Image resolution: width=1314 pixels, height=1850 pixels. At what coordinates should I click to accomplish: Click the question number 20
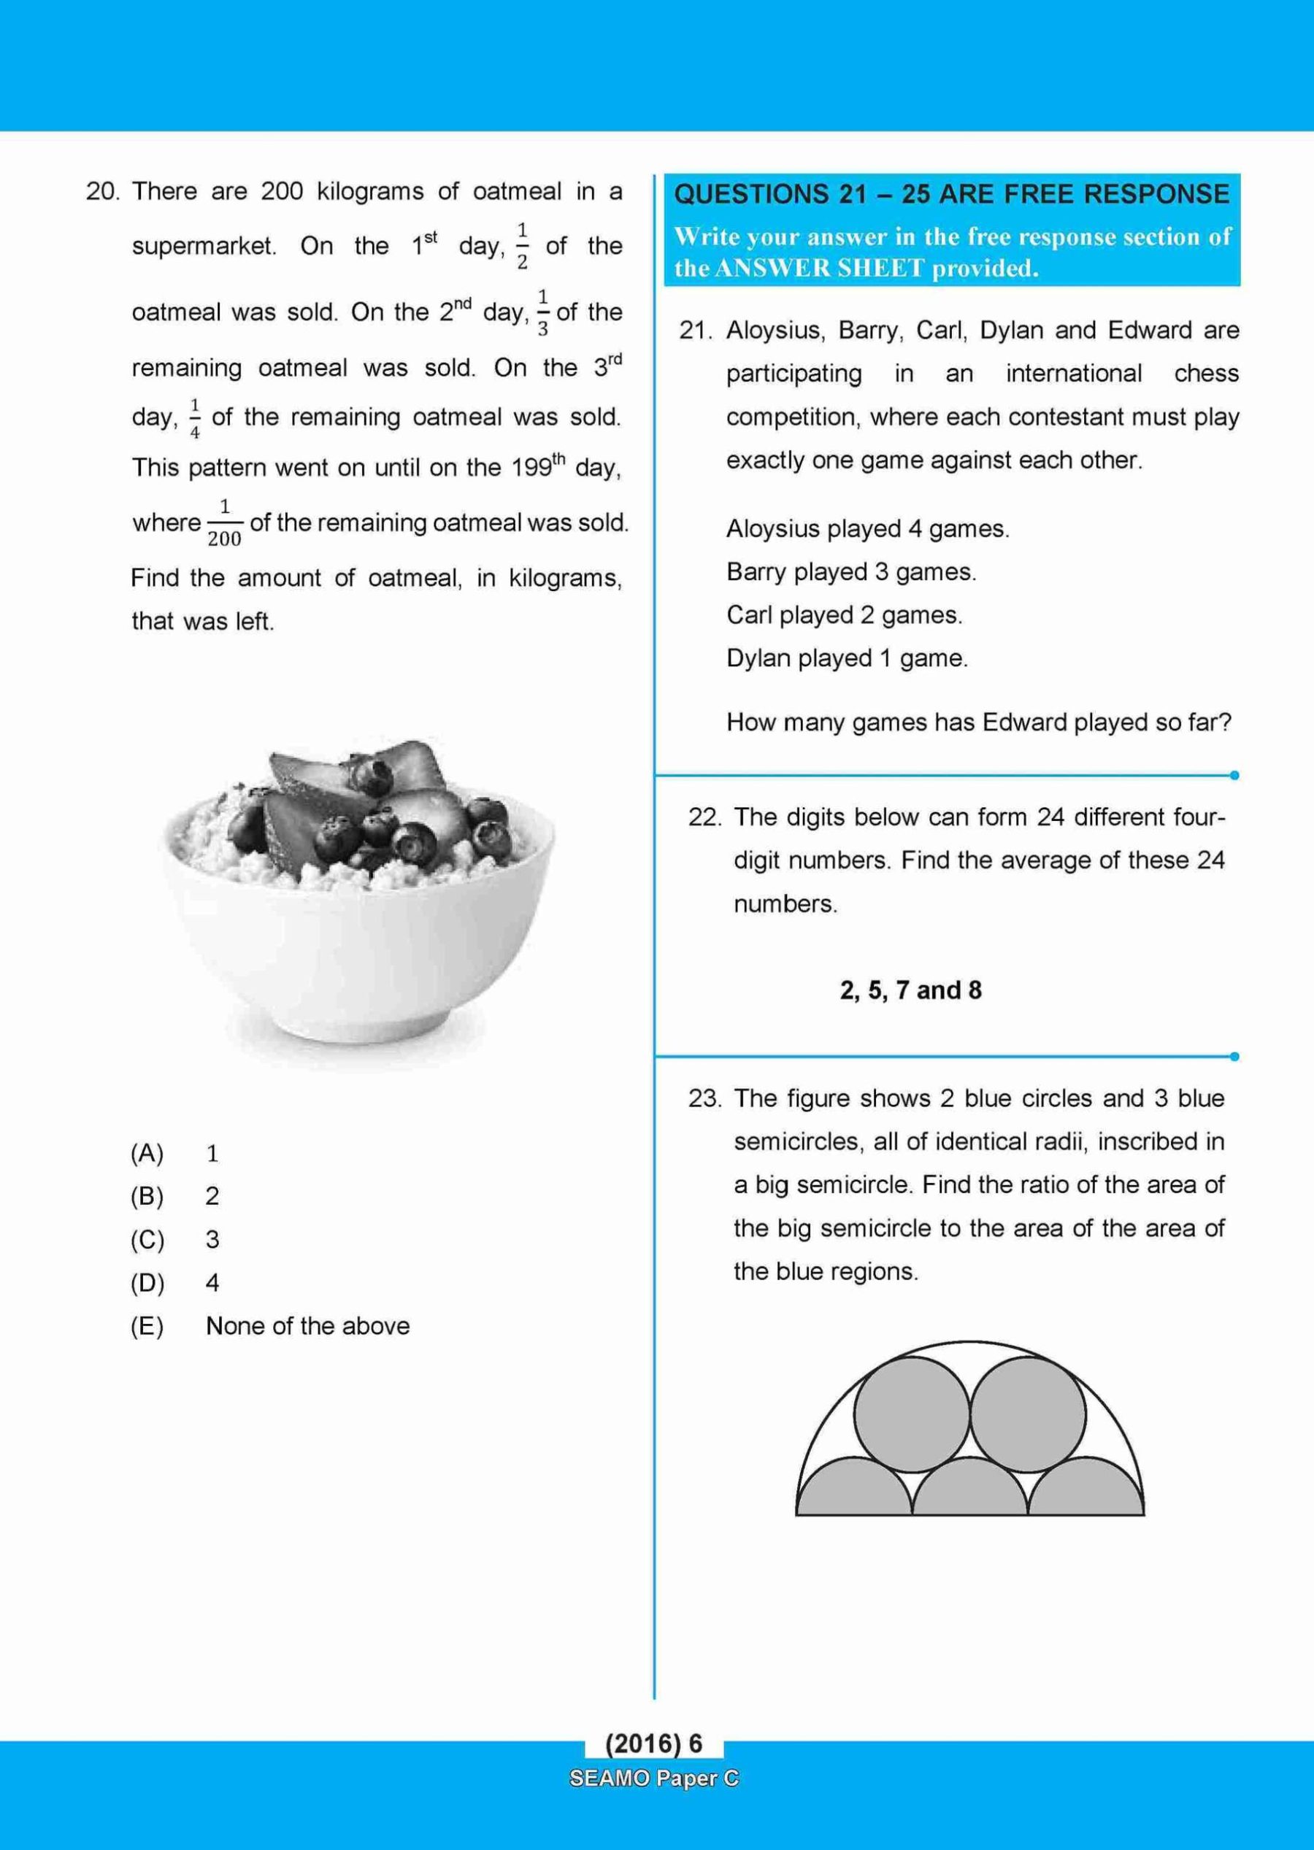tap(102, 192)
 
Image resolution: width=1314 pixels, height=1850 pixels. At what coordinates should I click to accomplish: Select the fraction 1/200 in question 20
tap(224, 523)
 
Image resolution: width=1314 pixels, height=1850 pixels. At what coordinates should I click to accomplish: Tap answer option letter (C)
tap(147, 1239)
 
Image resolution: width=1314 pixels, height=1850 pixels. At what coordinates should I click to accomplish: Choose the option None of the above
tap(307, 1326)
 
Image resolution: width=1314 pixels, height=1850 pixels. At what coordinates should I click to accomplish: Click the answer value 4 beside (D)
tap(212, 1283)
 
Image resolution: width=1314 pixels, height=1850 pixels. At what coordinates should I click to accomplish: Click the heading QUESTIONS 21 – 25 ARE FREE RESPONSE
tap(950, 194)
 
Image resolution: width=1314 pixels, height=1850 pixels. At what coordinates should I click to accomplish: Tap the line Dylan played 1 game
tap(846, 658)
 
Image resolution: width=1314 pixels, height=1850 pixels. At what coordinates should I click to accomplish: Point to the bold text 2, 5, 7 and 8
tap(910, 990)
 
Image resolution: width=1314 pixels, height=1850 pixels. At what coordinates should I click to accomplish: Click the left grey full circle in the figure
tap(912, 1413)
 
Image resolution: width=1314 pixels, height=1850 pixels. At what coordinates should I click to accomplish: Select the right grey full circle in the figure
tap(1028, 1413)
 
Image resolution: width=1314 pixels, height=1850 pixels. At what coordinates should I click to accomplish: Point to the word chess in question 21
tap(1207, 374)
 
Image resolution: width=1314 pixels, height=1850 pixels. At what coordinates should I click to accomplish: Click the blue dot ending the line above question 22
tap(1234, 775)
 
